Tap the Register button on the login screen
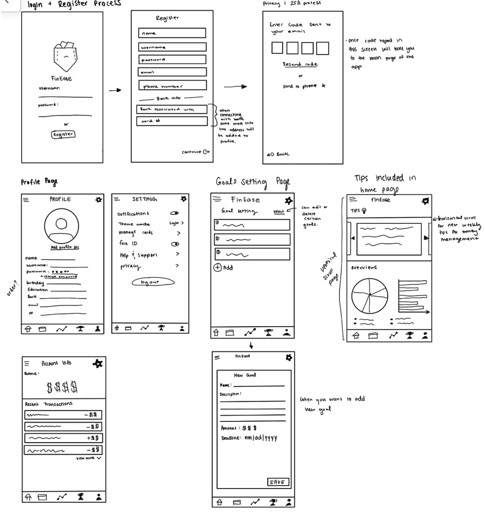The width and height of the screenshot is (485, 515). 63,134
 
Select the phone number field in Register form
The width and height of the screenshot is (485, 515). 172,85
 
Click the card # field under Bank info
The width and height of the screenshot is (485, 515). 172,121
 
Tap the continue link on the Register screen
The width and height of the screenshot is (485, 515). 195,152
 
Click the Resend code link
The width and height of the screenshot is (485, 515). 300,64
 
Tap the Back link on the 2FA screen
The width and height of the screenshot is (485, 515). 278,154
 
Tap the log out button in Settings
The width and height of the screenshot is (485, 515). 153,282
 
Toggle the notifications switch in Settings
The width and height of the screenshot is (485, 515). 175,213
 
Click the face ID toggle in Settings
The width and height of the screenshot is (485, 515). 175,244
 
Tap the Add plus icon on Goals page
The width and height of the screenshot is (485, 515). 217,267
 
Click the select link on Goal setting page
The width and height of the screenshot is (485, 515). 278,211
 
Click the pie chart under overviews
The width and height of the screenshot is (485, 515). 370,295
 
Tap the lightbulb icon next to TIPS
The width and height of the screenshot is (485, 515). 364,211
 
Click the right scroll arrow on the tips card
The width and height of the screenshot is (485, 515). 426,238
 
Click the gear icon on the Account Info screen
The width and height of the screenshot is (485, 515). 98,363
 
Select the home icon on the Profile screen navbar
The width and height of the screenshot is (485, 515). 28,329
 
